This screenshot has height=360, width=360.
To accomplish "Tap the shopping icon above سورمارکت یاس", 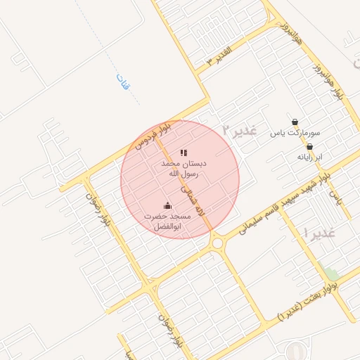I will point(295,122).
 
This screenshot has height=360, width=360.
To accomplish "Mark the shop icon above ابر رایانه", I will point(309,147).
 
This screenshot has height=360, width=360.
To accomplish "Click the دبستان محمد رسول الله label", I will point(181,167).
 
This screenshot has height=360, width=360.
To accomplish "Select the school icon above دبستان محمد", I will point(184,152).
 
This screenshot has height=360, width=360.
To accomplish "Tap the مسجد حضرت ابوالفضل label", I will point(167,221).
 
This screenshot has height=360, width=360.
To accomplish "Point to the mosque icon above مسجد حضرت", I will point(167,206).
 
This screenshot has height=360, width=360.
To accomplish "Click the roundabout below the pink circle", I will point(217,243).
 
